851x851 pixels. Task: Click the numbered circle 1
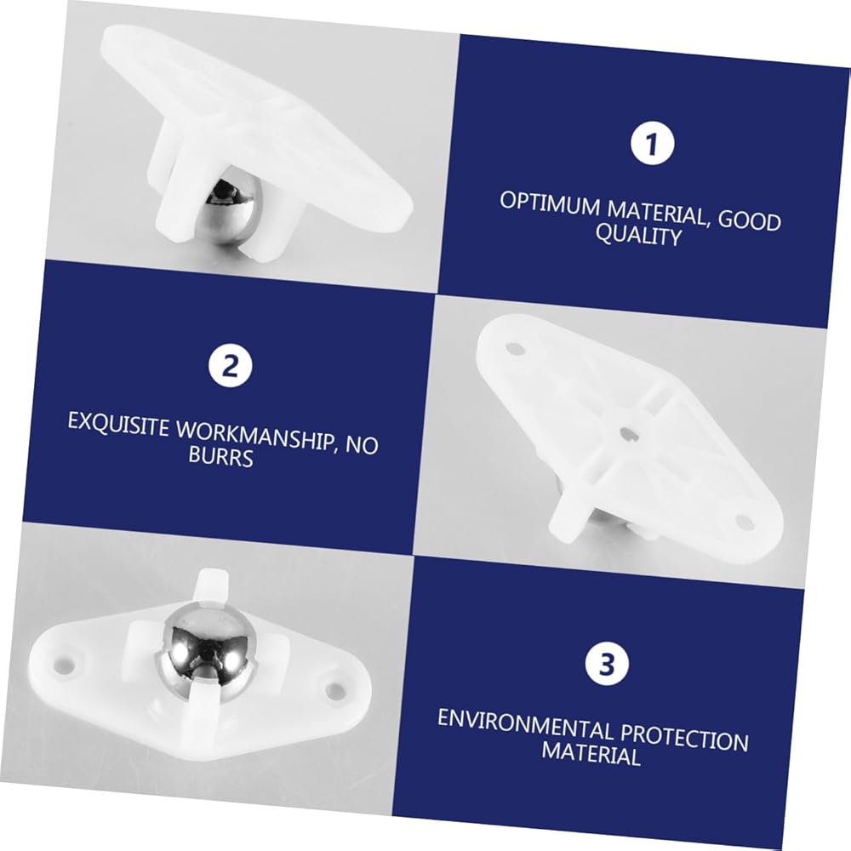click(x=652, y=143)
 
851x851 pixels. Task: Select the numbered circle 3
click(x=607, y=664)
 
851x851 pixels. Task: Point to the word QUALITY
click(x=638, y=236)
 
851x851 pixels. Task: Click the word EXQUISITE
click(x=118, y=425)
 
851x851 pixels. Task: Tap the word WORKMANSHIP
click(x=254, y=437)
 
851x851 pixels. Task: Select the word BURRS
click(x=221, y=456)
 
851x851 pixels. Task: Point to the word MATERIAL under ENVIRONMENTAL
click(x=591, y=753)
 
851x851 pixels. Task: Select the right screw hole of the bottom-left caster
click(x=334, y=690)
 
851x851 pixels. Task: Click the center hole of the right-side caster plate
click(x=627, y=432)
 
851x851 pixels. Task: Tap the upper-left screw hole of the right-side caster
click(x=515, y=348)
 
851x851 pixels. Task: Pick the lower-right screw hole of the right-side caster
click(x=744, y=523)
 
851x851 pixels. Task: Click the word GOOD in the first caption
click(x=750, y=221)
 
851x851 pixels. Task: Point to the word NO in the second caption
click(x=362, y=445)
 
